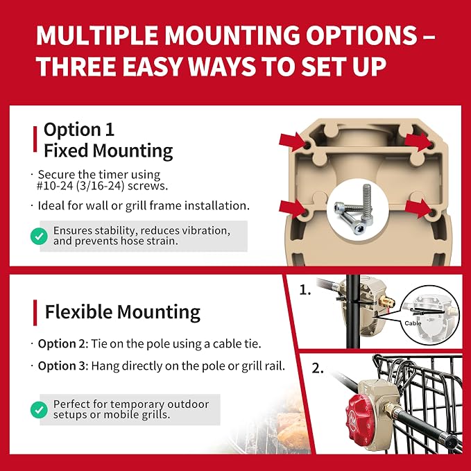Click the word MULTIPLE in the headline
[x=97, y=35]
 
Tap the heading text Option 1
[x=79, y=130]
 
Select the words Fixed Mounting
[x=108, y=151]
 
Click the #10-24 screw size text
[x=54, y=186]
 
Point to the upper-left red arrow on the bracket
[x=293, y=142]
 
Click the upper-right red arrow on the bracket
[x=418, y=142]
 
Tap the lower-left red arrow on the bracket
[x=292, y=208]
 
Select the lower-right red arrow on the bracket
[x=418, y=208]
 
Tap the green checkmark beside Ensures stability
[x=39, y=236]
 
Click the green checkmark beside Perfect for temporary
[x=39, y=410]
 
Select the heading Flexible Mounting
[x=123, y=312]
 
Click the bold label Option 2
[x=62, y=344]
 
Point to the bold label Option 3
[x=62, y=366]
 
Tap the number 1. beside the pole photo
[x=305, y=290]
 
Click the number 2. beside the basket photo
[x=318, y=368]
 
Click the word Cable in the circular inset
[x=413, y=323]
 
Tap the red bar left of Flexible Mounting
[x=35, y=312]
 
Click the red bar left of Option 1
[x=35, y=139]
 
